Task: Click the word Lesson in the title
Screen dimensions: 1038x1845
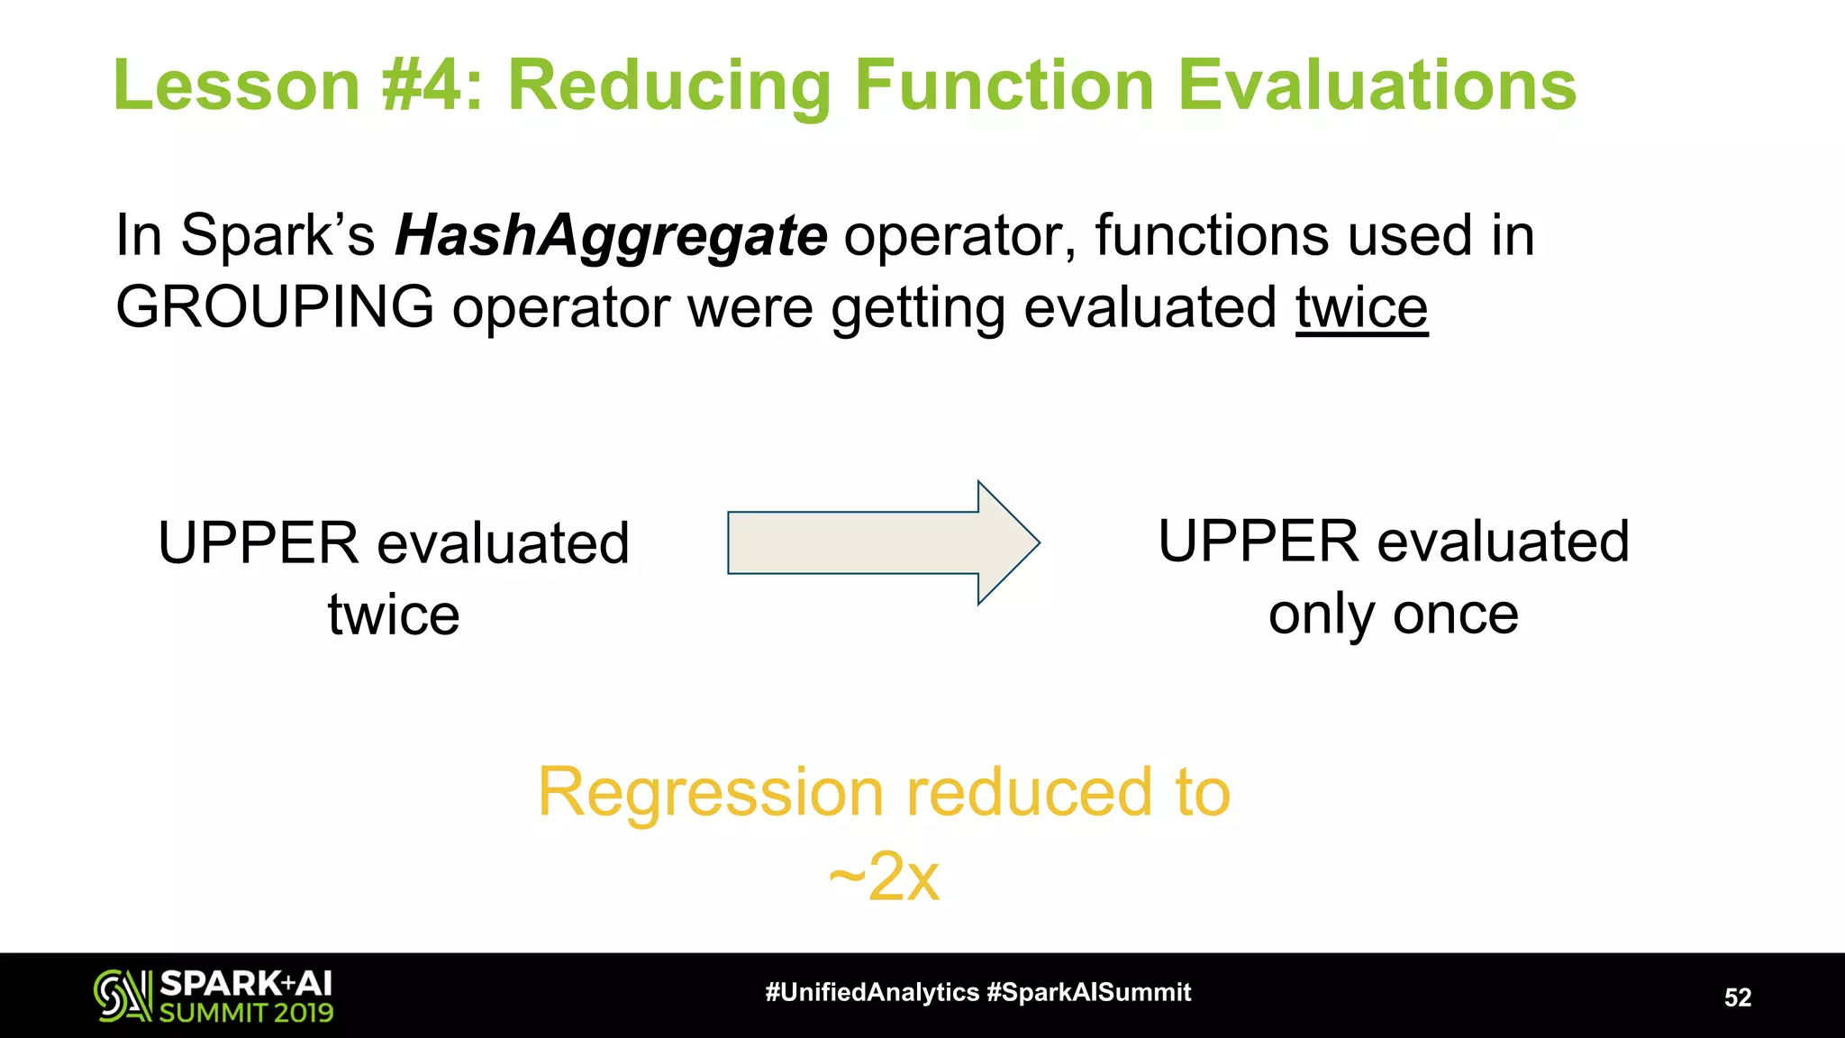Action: [x=237, y=86]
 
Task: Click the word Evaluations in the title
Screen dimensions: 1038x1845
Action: [x=1377, y=86]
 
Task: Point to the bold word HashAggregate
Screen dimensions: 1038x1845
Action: [x=611, y=236]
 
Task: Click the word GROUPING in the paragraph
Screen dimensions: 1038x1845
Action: [x=275, y=307]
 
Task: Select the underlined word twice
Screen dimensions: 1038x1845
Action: [x=1361, y=307]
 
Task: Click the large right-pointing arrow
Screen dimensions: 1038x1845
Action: [x=883, y=542]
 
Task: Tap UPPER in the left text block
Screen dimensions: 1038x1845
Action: [x=258, y=543]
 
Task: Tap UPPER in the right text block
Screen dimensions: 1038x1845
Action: [x=1258, y=542]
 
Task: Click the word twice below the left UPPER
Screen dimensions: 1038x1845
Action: [x=394, y=615]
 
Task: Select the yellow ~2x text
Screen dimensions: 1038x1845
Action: [x=884, y=876]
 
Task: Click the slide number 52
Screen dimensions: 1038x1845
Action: [x=1737, y=997]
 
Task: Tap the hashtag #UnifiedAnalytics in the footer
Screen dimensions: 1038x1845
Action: [x=871, y=993]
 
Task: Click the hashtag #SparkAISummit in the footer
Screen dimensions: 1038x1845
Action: [x=1088, y=993]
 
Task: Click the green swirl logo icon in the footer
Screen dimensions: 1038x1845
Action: [x=123, y=996]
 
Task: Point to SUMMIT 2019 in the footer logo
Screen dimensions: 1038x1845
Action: [x=246, y=1013]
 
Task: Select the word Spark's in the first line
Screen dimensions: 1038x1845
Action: [x=277, y=236]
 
